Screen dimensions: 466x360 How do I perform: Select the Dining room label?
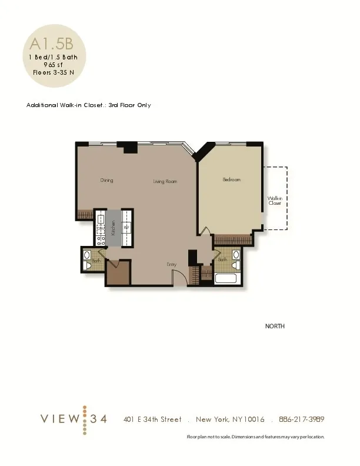pos(106,181)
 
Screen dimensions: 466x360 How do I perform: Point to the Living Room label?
pos(165,182)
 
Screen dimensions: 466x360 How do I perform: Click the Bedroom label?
pos(231,180)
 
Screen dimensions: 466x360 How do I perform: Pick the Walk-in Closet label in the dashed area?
pos(275,201)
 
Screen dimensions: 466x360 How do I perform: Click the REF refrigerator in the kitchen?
pos(126,228)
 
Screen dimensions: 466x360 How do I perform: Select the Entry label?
pos(171,265)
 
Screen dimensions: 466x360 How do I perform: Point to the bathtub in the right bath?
pos(226,279)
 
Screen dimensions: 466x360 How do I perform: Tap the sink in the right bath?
pos(236,255)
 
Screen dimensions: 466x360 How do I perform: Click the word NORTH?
pos(275,326)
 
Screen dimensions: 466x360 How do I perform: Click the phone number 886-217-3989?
pos(302,420)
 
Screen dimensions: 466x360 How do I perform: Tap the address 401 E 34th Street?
pos(152,420)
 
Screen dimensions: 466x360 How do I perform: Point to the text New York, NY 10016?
pos(230,420)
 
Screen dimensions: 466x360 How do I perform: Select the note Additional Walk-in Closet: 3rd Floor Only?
pos(89,105)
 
